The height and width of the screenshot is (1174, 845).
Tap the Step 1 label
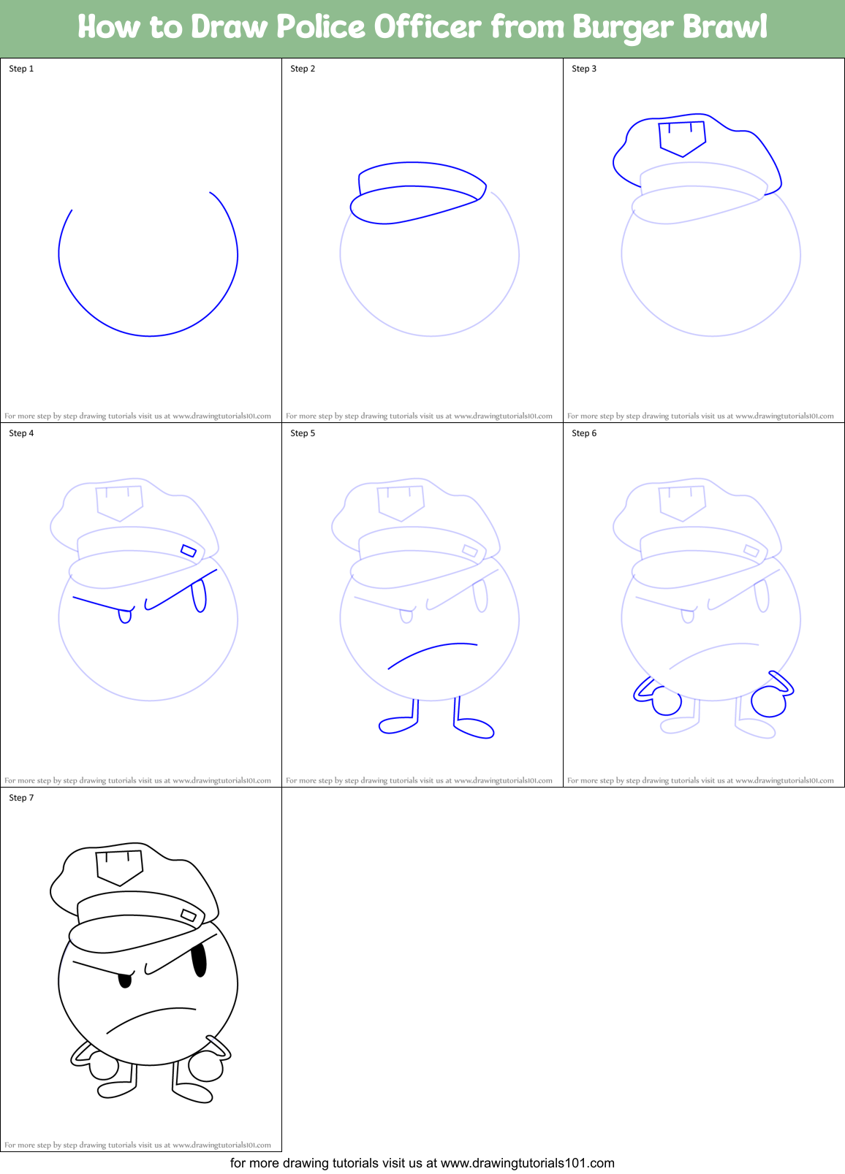[x=21, y=69]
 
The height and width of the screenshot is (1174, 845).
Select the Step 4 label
[x=21, y=433]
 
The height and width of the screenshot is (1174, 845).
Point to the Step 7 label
[x=21, y=798]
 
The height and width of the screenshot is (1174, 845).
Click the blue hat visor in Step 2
[x=413, y=204]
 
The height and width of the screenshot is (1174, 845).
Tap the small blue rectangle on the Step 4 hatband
[x=189, y=551]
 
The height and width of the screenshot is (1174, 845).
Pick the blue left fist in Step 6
[x=666, y=702]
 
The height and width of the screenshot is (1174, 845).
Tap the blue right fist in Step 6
[x=768, y=702]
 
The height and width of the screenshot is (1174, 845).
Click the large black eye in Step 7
[x=198, y=960]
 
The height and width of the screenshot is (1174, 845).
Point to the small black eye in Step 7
[x=125, y=980]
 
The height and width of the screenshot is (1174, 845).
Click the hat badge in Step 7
[x=119, y=867]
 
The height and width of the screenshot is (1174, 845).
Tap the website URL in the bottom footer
[x=527, y=1163]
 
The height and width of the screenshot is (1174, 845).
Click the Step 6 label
[x=584, y=433]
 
